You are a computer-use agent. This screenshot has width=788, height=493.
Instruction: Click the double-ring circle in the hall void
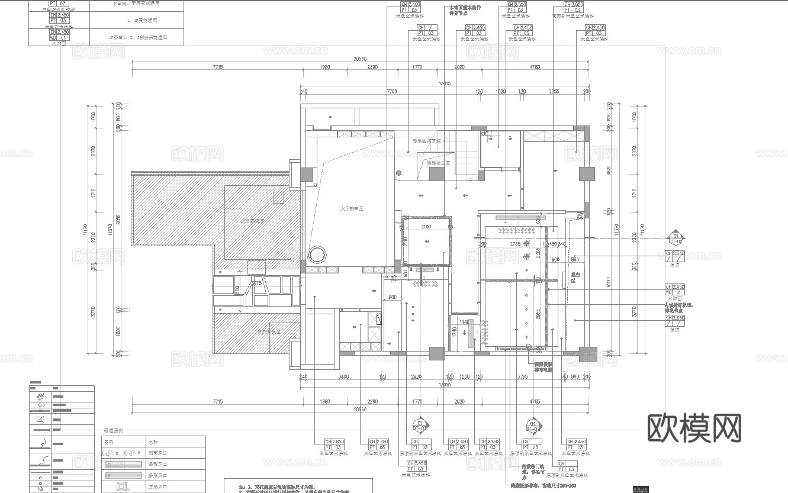[x=317, y=254]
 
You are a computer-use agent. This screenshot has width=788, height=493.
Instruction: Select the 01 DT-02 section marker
[x=676, y=239]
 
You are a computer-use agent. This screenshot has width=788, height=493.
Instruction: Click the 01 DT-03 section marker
[x=420, y=426]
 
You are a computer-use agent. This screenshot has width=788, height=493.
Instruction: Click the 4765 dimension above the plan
[x=534, y=67]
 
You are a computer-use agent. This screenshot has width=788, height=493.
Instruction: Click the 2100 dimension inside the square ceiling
[x=426, y=227]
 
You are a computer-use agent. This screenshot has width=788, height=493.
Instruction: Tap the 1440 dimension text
[x=464, y=322]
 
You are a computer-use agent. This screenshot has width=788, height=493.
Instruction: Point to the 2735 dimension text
[x=514, y=243]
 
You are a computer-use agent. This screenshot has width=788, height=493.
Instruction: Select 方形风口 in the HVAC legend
[x=156, y=486]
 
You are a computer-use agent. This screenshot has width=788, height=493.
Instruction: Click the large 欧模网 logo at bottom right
[x=694, y=427]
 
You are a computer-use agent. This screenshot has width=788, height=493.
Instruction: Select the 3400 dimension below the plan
[x=343, y=376]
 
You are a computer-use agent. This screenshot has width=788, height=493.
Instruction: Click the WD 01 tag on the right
[x=676, y=292]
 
